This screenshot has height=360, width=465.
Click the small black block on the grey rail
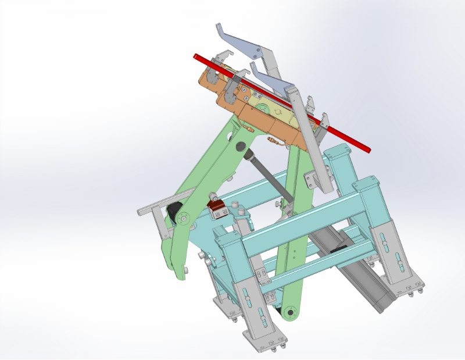point(338,249)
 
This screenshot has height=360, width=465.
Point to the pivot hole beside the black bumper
point(184,219)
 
